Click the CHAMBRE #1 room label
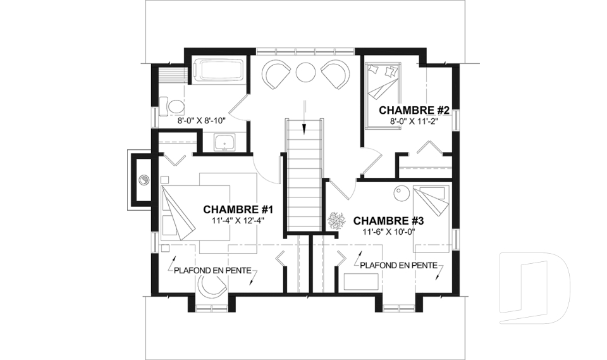click(x=238, y=209)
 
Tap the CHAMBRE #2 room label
click(x=414, y=111)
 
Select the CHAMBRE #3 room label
click(x=388, y=221)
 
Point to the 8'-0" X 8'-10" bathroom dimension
click(x=201, y=120)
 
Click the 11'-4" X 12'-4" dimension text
click(x=238, y=221)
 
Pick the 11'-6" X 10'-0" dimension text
click(x=388, y=232)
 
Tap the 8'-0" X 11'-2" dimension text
click(x=414, y=121)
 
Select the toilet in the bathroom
click(x=172, y=106)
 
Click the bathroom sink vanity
click(x=224, y=142)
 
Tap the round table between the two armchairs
click(x=306, y=72)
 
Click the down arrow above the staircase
click(x=305, y=116)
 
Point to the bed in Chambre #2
click(x=383, y=94)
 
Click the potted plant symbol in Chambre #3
click(x=336, y=221)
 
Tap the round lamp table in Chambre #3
click(x=402, y=193)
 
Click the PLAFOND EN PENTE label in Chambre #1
click(x=212, y=271)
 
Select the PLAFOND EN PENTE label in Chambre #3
click(x=399, y=266)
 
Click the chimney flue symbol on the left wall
click(x=144, y=180)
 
